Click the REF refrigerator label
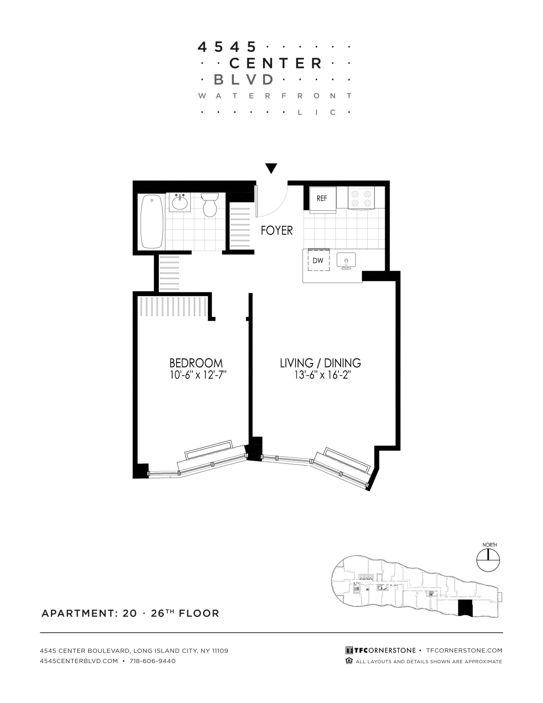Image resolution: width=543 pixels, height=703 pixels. [x=322, y=198]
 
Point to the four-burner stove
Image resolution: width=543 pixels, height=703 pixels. [x=361, y=198]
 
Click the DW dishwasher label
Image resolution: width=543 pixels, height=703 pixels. [x=318, y=261]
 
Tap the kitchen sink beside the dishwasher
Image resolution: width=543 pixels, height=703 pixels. [x=346, y=260]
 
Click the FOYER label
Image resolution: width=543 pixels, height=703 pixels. [x=276, y=230]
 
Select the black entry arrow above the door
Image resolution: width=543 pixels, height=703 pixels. [x=271, y=169]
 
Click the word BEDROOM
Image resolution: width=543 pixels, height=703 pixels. [x=196, y=363]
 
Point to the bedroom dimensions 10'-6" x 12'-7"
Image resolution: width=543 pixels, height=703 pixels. [x=198, y=375]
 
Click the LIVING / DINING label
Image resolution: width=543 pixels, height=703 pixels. [x=320, y=363]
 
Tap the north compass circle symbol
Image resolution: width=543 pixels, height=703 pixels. [x=488, y=560]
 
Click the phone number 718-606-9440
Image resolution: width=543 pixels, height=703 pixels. [x=152, y=661]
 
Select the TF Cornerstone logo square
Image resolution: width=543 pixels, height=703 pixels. [x=349, y=651]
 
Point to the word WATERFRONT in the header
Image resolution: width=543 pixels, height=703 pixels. [x=275, y=96]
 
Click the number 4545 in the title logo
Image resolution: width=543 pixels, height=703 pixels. [x=227, y=47]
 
